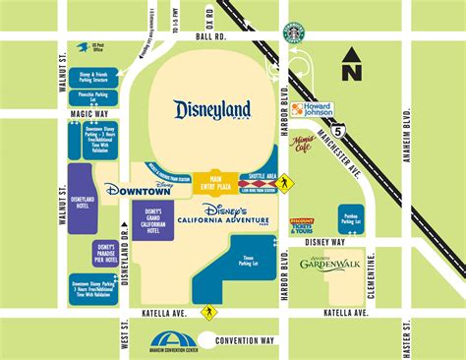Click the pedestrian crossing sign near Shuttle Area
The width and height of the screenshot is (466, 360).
point(285,182)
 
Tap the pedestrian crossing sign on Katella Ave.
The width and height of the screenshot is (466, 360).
point(208,313)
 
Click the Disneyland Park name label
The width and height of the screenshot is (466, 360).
point(211,109)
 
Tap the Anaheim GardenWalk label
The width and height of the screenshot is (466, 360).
point(329,262)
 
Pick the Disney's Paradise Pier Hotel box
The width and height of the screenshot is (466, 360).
point(104,253)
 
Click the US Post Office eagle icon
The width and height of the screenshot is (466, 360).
point(87,44)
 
